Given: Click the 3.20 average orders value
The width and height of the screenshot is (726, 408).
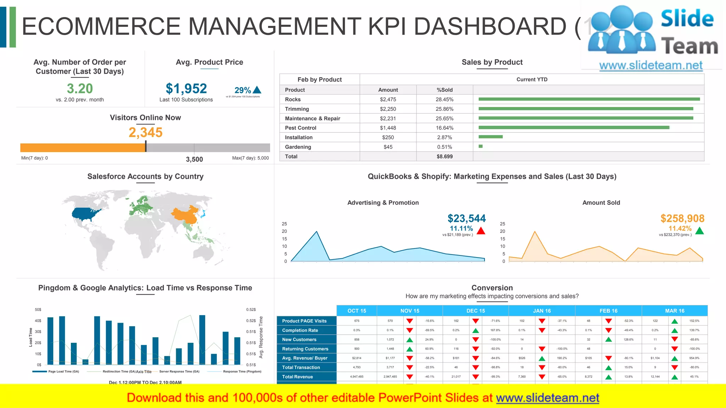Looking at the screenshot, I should (80, 89).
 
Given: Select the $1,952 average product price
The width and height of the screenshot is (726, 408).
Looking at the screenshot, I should (186, 89).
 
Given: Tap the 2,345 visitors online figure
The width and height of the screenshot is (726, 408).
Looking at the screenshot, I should (145, 132).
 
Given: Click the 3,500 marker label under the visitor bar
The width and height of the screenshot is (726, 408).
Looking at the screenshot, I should (194, 159).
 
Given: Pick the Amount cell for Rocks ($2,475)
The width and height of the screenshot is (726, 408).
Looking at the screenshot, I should (388, 100).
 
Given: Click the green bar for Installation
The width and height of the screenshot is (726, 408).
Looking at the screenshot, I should (490, 137).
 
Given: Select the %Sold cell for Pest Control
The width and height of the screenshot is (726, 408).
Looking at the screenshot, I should (445, 128).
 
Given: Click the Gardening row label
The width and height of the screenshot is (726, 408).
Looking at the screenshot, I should (298, 147).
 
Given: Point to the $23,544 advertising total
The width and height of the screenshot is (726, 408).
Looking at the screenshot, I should (467, 219).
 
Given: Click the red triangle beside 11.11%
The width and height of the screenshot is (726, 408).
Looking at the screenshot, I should (481, 231).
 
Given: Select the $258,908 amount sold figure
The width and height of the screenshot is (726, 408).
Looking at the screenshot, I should (682, 219).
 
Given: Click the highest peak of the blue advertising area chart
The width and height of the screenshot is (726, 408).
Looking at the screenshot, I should (317, 232).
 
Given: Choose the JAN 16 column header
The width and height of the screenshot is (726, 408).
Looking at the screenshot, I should (542, 311).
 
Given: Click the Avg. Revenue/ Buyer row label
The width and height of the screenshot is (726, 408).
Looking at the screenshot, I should (305, 358).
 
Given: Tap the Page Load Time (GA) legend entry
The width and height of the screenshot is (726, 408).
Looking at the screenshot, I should (63, 372).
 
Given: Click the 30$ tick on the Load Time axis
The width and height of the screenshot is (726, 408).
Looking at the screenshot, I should (38, 331).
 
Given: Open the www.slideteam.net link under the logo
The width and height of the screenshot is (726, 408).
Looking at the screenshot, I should (651, 66).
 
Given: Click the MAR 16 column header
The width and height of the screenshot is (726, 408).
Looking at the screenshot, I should (675, 311).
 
